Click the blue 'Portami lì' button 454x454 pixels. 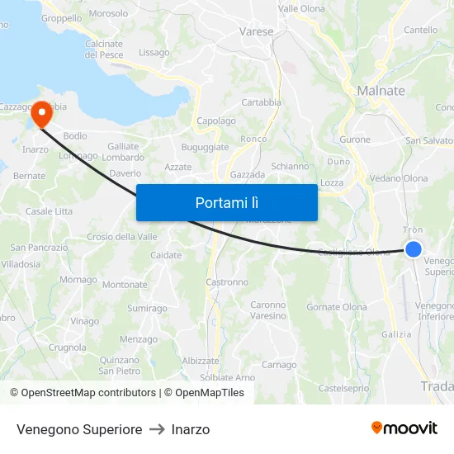tap(226, 202)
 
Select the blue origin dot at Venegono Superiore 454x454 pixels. tap(414, 248)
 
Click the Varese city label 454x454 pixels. tap(256, 31)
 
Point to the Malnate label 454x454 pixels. tap(381, 91)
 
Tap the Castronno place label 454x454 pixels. tap(227, 282)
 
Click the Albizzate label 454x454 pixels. tap(201, 361)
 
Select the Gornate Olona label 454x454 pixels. tap(337, 307)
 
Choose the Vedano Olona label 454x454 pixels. tap(399, 178)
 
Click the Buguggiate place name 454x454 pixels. tap(205, 146)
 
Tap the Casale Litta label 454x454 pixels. tap(50, 211)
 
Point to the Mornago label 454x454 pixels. tap(78, 280)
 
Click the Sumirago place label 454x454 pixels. tap(147, 308)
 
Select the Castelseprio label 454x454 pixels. tap(343, 387)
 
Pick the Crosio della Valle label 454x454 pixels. tap(122, 237)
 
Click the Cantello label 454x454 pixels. tap(421, 31)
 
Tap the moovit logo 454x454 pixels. tap(404, 428)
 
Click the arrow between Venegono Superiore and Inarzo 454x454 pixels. tap(157, 429)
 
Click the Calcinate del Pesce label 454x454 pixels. tap(103, 49)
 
